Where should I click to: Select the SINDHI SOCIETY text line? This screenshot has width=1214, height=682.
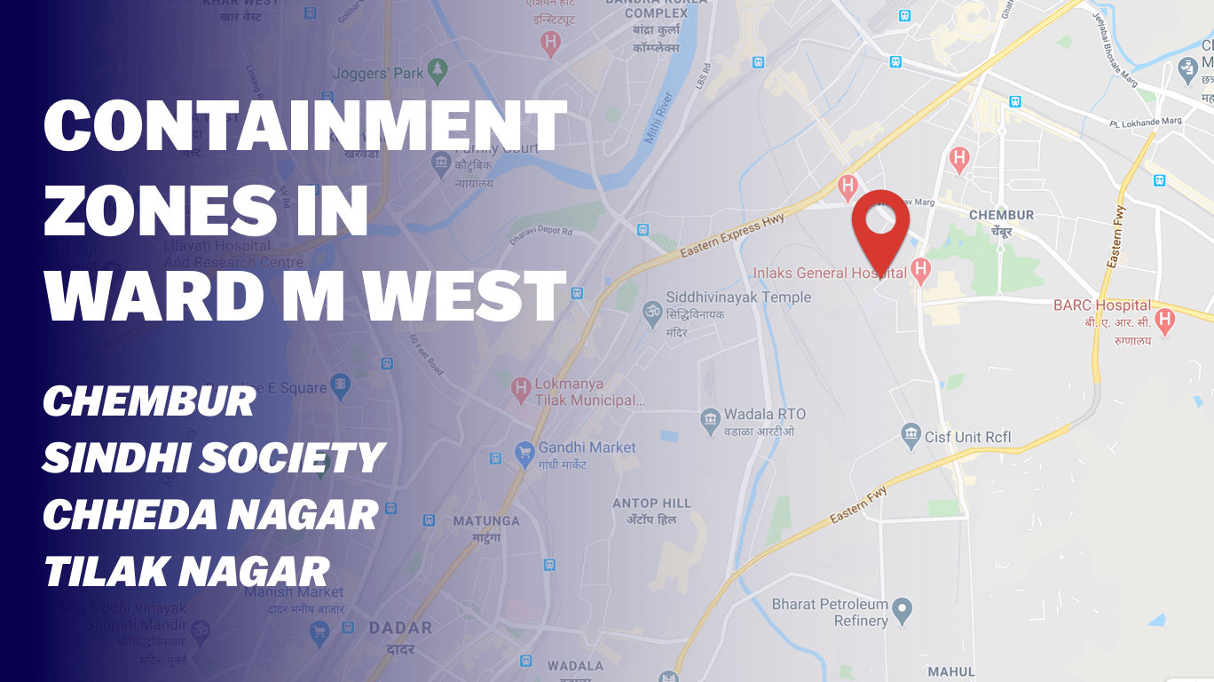(213, 458)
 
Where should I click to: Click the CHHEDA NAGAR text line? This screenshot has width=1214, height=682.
(210, 515)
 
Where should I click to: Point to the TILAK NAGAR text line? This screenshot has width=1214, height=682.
(186, 571)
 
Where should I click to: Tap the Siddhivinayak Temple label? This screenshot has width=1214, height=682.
(738, 297)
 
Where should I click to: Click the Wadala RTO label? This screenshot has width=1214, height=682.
(764, 415)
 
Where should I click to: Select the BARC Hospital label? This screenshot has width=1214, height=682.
(1102, 305)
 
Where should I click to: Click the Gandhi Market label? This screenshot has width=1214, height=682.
(587, 448)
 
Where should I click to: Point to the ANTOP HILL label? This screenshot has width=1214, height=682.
(651, 504)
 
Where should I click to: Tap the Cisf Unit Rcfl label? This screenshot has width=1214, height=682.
(967, 437)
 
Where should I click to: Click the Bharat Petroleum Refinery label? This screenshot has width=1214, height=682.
(830, 613)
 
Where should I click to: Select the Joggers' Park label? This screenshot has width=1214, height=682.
(378, 74)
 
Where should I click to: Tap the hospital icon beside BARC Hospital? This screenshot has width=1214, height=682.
(1165, 319)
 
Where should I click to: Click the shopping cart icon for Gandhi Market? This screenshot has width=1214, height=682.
(524, 452)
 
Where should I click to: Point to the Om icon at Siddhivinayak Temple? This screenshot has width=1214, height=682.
(651, 311)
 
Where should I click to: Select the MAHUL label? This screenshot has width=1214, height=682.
(950, 671)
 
